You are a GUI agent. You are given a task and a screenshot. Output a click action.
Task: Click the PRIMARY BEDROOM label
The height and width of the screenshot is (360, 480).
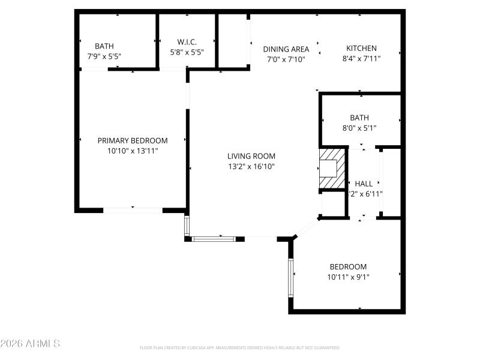(x=133, y=140)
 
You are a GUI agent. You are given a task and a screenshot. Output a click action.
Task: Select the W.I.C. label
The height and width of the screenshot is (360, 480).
(x=187, y=41)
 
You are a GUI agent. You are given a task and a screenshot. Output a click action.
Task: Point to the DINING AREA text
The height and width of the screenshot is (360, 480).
(x=286, y=49)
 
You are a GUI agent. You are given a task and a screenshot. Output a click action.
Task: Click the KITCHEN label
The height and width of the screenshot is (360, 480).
(x=361, y=49)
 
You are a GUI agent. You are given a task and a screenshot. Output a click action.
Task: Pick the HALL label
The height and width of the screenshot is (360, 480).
(x=364, y=184)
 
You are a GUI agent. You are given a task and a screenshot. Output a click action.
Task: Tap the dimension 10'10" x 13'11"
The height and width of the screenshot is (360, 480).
(x=133, y=151)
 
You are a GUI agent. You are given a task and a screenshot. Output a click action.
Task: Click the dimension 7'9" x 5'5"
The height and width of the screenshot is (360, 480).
(x=104, y=56)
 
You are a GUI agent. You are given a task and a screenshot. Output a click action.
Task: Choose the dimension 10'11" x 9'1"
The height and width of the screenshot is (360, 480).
(x=348, y=277)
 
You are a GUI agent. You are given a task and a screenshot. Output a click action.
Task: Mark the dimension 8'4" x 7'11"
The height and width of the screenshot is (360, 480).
(x=361, y=59)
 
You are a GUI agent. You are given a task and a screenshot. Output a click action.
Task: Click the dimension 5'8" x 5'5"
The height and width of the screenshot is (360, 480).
(x=187, y=52)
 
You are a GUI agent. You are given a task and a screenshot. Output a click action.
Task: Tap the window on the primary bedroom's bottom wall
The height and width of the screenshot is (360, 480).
(x=133, y=210)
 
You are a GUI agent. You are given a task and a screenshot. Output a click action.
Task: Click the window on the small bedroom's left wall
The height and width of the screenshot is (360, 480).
(x=291, y=277)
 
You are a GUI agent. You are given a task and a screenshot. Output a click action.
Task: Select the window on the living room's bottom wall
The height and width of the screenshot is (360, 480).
(x=214, y=239)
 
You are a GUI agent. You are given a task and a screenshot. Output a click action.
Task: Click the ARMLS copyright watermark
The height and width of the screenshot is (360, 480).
(x=30, y=344)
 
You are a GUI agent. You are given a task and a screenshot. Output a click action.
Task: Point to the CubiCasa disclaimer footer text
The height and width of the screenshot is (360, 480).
(x=239, y=347)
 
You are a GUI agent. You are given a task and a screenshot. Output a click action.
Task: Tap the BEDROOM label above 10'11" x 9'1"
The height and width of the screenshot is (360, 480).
(x=348, y=267)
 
